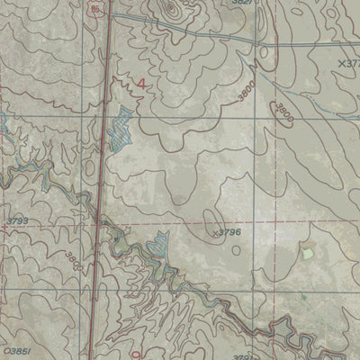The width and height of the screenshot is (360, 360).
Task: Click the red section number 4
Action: coord(140,85)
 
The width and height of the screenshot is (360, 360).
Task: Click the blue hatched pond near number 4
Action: coord(119,129)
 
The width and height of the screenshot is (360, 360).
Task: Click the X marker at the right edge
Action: coord(349,64)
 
